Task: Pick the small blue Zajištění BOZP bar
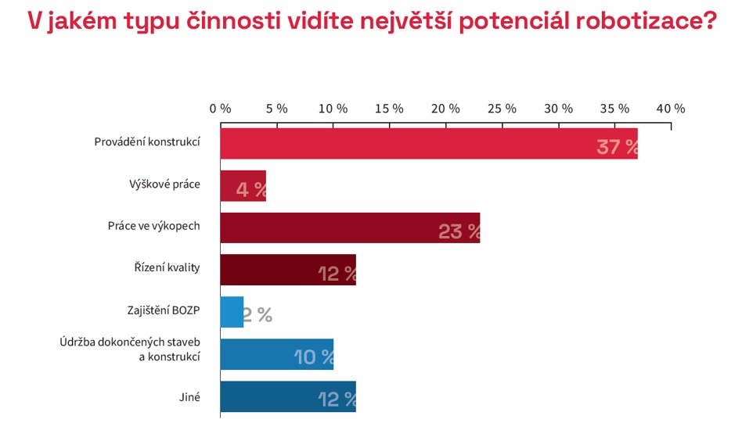tap(232, 312)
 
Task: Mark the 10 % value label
tap(314, 357)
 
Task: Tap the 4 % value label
tap(251, 189)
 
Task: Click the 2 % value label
tap(258, 315)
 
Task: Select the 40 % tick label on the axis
tap(670, 109)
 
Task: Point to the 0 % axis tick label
tap(220, 109)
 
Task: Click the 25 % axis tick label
tap(502, 109)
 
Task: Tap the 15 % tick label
tap(389, 109)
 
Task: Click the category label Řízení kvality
tap(167, 267)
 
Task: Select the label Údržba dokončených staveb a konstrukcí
tap(130, 349)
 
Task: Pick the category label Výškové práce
tap(164, 185)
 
